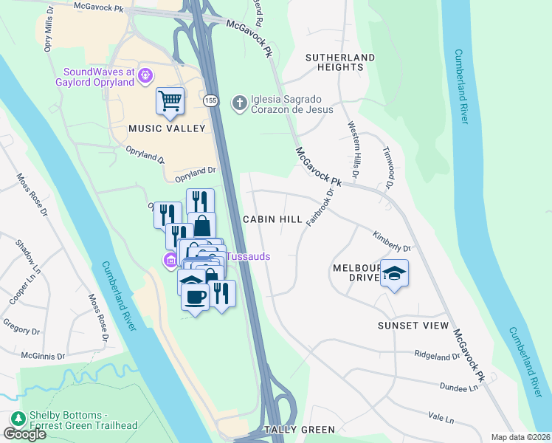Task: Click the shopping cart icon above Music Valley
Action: [170, 100]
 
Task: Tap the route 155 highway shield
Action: [211, 100]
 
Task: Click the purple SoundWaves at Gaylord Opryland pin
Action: [145, 75]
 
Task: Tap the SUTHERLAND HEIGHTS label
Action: [340, 62]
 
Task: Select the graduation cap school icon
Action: [395, 275]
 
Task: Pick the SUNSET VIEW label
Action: [413, 326]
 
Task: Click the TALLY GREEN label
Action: [300, 429]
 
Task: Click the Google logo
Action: [24, 434]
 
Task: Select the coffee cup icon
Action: [195, 297]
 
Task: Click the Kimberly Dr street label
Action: [392, 243]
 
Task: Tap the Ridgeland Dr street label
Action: [437, 357]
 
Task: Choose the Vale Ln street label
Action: [440, 419]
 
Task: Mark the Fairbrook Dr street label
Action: [325, 205]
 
